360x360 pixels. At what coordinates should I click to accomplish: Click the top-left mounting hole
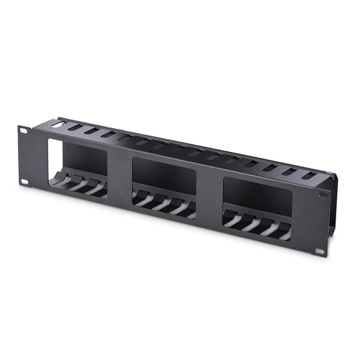(23, 130)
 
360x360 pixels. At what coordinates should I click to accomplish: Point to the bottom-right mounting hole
(319, 251)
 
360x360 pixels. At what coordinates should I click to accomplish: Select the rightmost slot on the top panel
(309, 175)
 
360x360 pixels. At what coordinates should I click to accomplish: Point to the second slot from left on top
(75, 127)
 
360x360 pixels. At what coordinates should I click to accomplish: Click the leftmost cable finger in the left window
(62, 182)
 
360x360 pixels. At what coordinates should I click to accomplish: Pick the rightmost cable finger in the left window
(97, 191)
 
